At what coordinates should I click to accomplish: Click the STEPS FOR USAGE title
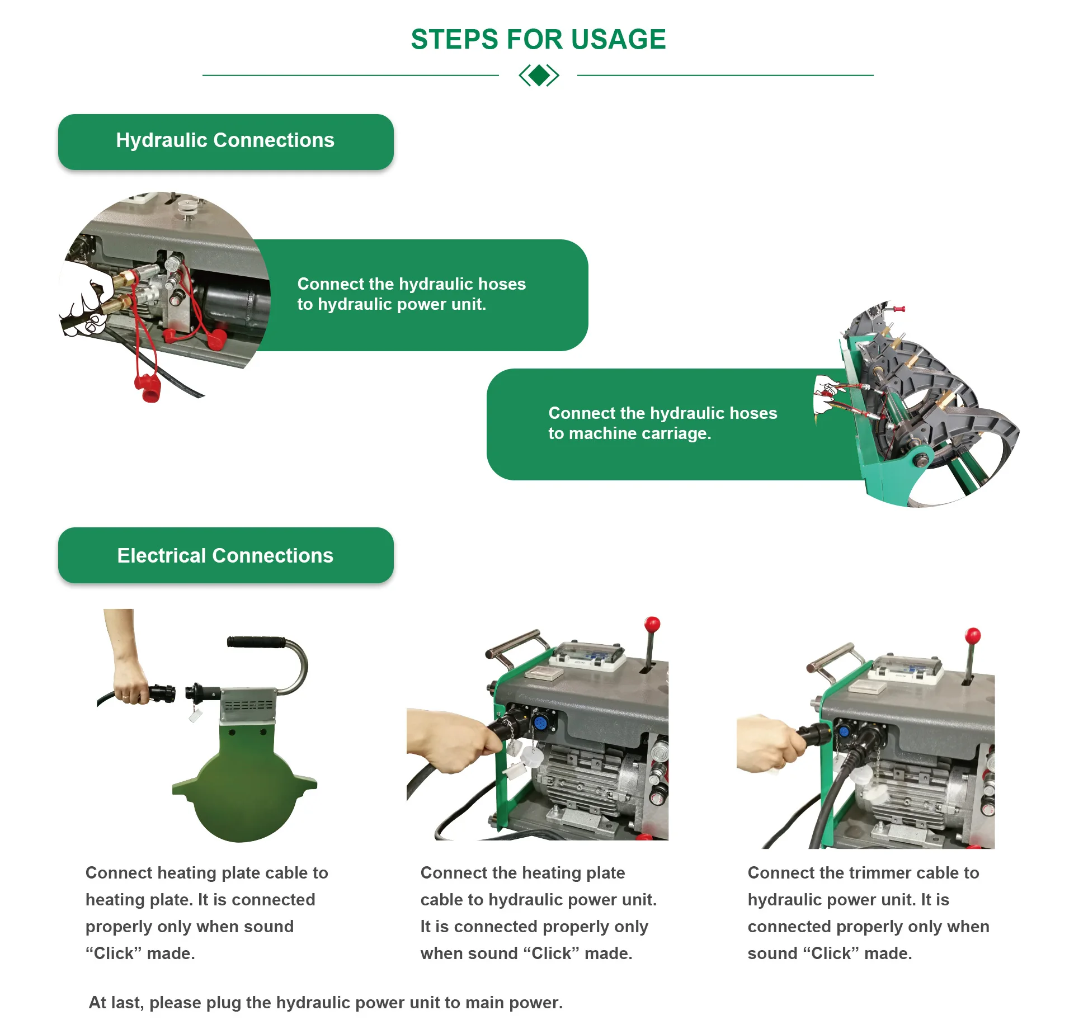tap(538, 40)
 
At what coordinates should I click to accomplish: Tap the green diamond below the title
tap(539, 75)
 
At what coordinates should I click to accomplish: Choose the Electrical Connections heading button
tap(225, 555)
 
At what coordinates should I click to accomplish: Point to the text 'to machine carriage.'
tap(629, 433)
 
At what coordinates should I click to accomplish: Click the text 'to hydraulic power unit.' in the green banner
tap(392, 304)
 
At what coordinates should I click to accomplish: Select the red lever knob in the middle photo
tap(652, 624)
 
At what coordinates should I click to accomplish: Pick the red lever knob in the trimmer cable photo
tap(973, 635)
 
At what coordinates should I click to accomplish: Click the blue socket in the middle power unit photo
tap(540, 723)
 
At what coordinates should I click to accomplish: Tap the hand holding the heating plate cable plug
tap(130, 679)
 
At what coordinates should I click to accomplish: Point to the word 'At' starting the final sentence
tap(97, 1003)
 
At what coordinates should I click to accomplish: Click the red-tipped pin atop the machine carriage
tap(899, 309)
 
